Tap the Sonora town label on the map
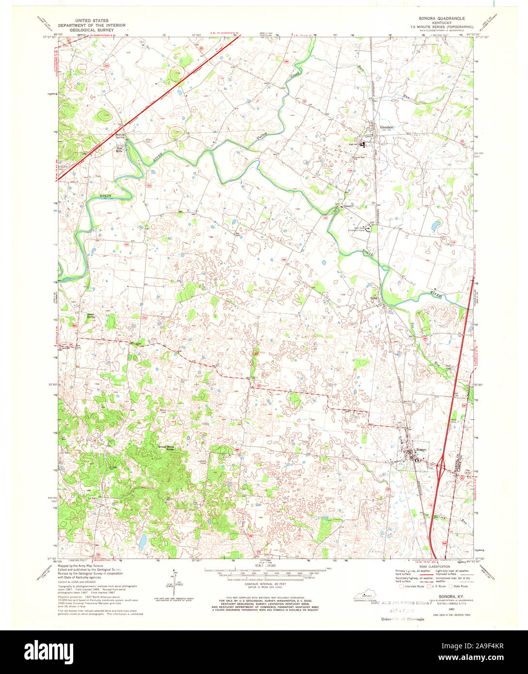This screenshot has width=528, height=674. click(420, 449)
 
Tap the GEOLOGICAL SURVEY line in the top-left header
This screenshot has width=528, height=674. click(92, 30)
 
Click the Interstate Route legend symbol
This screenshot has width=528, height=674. click(400, 586)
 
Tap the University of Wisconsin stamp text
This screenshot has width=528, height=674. click(400, 619)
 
